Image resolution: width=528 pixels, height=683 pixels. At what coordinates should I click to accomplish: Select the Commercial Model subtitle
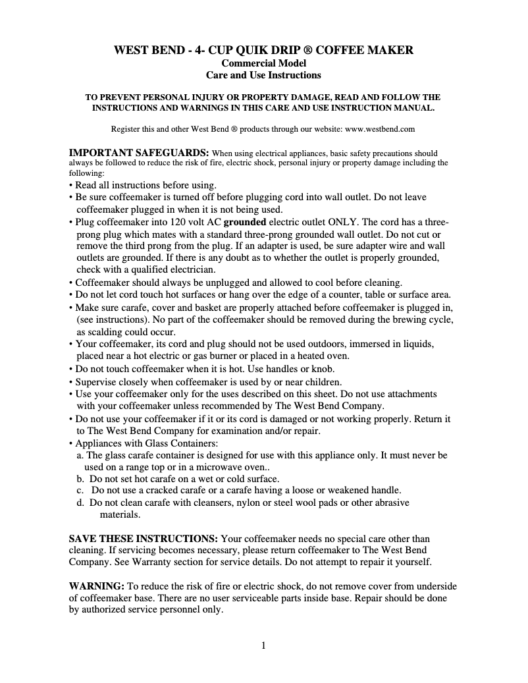click(x=263, y=63)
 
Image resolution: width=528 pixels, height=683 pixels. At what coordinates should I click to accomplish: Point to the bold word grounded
click(x=246, y=222)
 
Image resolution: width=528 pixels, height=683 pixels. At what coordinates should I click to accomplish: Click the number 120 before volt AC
click(x=178, y=222)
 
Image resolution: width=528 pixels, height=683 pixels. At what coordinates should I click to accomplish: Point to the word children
click(x=323, y=382)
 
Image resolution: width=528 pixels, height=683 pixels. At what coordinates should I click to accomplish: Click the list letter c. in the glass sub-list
click(x=80, y=491)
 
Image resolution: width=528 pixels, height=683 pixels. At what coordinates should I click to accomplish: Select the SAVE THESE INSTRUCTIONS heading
click(x=144, y=539)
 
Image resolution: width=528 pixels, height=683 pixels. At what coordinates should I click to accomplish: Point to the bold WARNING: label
click(x=97, y=586)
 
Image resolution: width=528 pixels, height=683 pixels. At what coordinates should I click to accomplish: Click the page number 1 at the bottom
click(x=263, y=645)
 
